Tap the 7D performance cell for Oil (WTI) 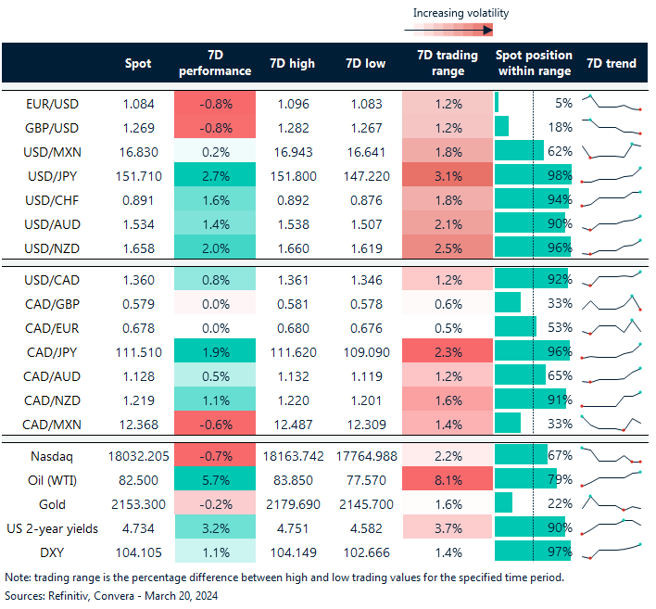coord(214,479)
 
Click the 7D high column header coord(292,64)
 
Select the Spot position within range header coord(534,63)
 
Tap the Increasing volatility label coord(460,13)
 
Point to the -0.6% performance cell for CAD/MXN coord(214,424)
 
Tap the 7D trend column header coord(611,64)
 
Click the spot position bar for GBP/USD coord(502,127)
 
